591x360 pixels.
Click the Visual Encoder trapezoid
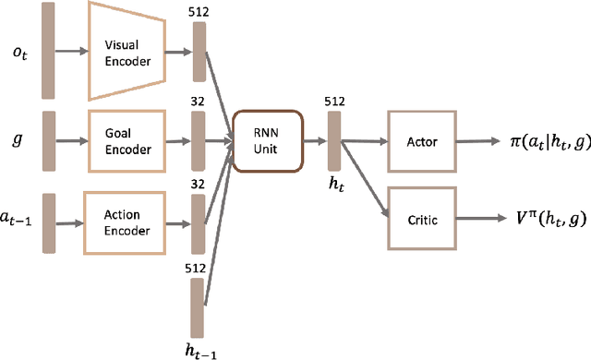tap(127, 50)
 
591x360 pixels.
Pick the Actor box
tap(422, 140)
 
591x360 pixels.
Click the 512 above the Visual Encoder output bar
tap(198, 13)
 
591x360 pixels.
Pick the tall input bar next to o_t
tap(48, 51)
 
